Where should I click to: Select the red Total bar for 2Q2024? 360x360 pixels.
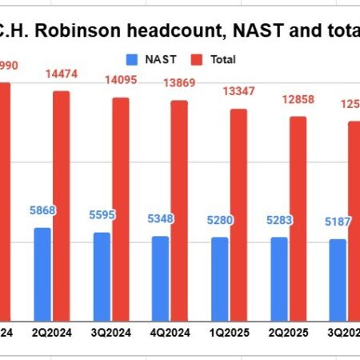pyautogui.click(x=62, y=205)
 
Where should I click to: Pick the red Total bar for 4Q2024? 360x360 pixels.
pyautogui.click(x=179, y=210)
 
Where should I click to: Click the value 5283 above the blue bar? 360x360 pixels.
pyautogui.click(x=278, y=221)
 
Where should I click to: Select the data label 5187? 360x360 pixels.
pyautogui.click(x=337, y=223)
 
